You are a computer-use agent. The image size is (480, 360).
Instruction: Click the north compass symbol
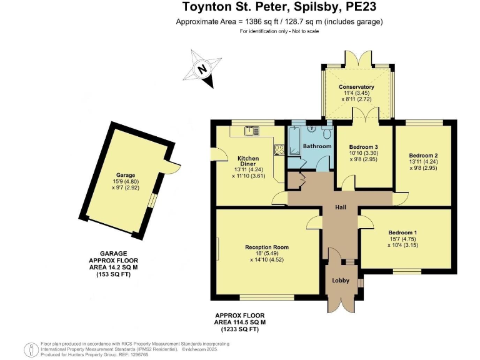(x=202, y=69)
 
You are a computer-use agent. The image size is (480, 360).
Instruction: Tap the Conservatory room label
(x=356, y=87)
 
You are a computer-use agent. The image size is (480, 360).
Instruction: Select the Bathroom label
(x=317, y=146)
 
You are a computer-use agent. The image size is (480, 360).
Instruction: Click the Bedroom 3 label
(x=364, y=147)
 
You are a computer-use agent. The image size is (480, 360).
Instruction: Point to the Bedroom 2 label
(x=423, y=155)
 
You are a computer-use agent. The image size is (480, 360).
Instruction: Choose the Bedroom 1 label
(x=402, y=233)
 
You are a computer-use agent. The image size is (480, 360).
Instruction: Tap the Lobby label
(x=341, y=281)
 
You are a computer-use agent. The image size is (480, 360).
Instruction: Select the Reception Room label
(x=266, y=247)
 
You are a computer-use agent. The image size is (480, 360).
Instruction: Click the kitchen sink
(x=252, y=131)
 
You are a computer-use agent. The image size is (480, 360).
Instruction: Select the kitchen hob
(x=278, y=149)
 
